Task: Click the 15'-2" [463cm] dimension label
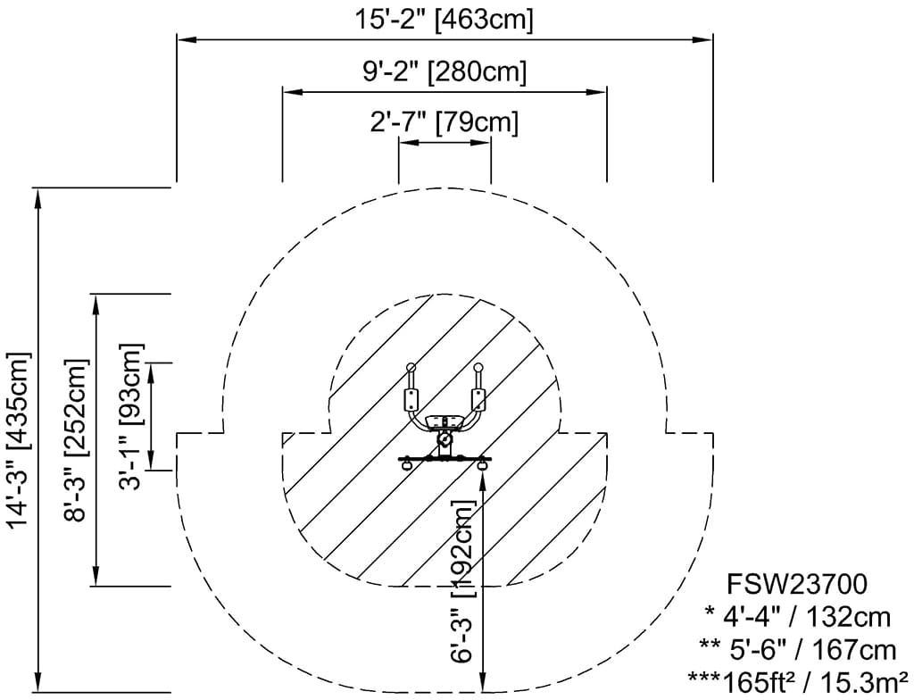point(444,19)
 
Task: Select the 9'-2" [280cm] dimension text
point(444,71)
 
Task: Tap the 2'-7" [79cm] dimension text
point(444,121)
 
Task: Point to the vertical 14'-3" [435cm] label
point(20,439)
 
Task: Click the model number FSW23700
point(797,585)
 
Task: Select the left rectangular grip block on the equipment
point(412,399)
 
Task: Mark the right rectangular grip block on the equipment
point(478,399)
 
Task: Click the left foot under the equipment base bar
point(407,464)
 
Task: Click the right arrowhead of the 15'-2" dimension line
point(706,39)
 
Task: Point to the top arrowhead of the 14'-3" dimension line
point(38,196)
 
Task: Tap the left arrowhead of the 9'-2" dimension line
point(289,91)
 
